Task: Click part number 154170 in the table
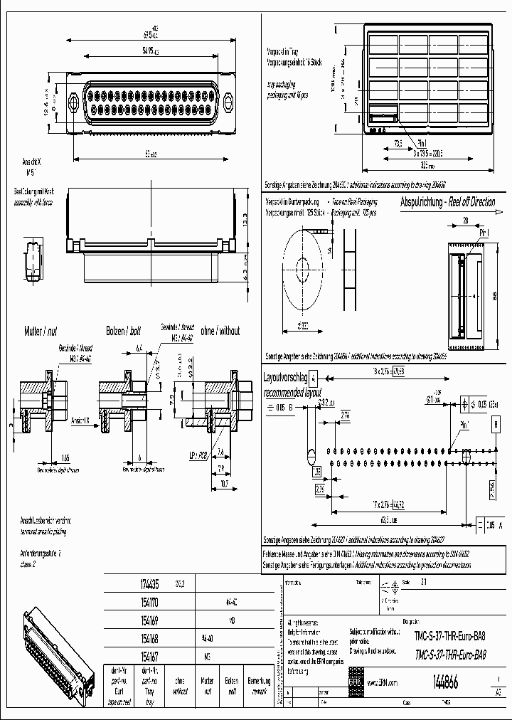click(147, 600)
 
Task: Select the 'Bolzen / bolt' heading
click(120, 331)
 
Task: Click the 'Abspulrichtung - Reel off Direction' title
click(447, 202)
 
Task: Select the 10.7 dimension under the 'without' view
click(223, 483)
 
